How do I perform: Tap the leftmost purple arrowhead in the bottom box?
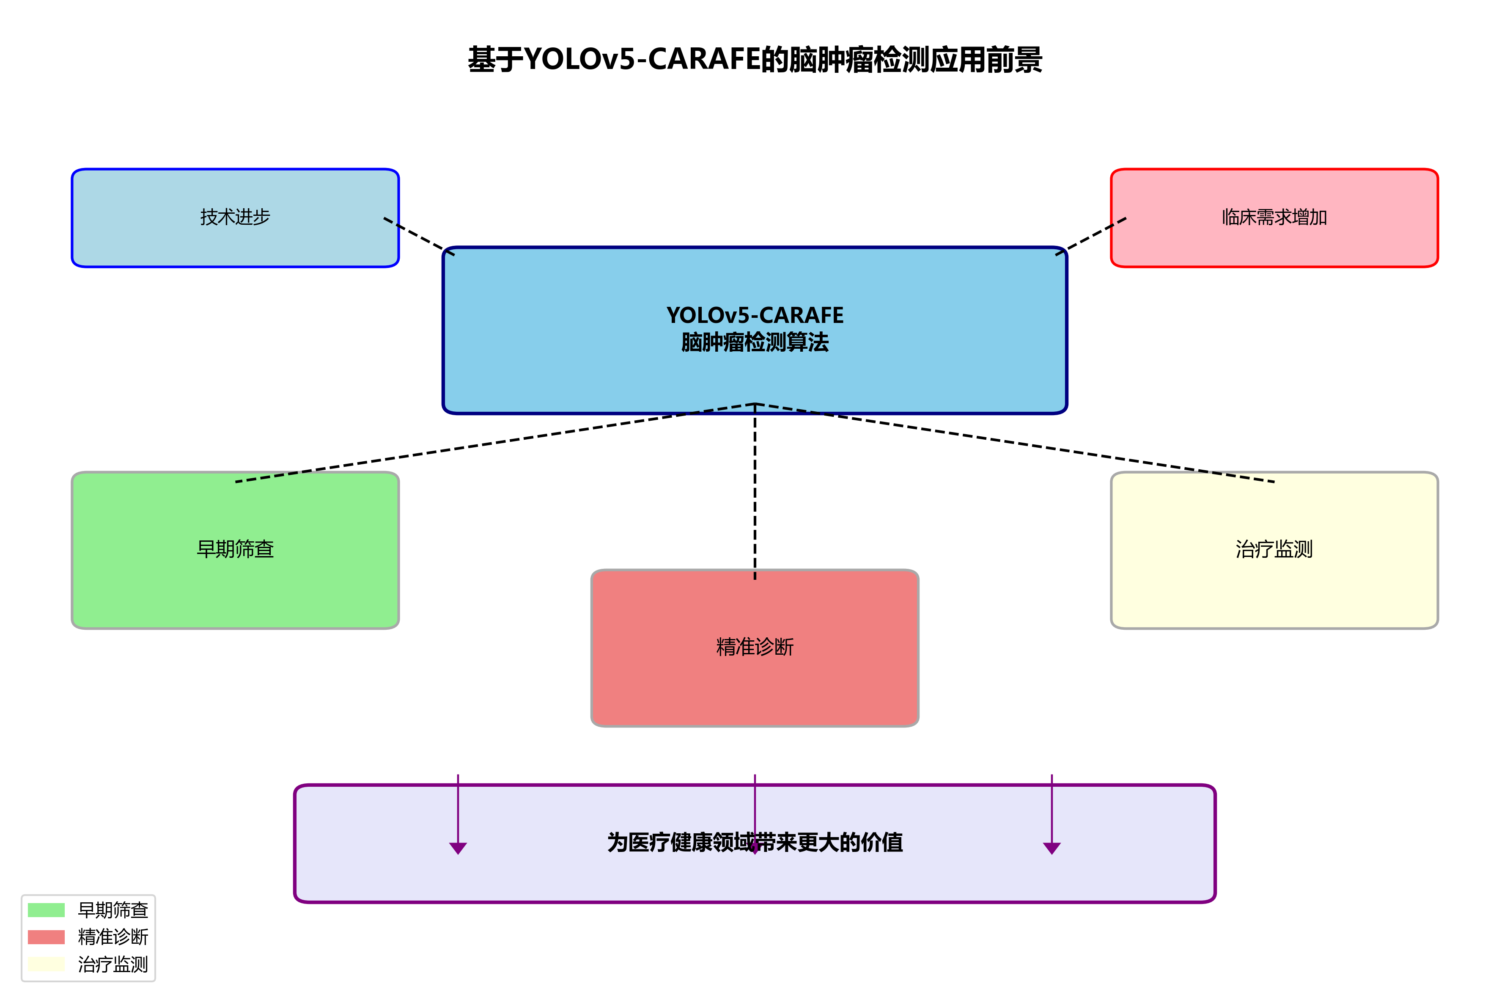[458, 848]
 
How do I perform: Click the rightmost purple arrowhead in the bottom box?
[1052, 848]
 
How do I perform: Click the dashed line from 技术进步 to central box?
[419, 236]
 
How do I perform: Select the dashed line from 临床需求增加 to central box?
[1091, 236]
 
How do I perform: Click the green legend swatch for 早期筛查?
[46, 909]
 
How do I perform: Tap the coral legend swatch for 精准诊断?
[46, 937]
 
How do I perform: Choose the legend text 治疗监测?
[113, 964]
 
